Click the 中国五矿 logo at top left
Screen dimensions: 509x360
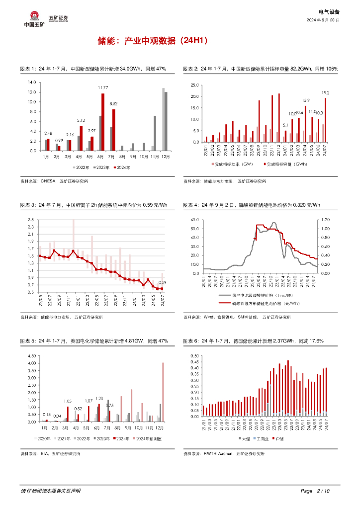(34, 19)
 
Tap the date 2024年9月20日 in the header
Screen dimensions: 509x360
(323, 20)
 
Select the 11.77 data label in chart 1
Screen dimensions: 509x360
(103, 87)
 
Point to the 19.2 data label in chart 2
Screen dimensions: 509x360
(326, 93)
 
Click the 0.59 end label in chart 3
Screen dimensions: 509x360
(162, 282)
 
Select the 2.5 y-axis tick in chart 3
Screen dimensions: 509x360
(30, 220)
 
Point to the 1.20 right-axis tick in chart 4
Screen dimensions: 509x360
(325, 219)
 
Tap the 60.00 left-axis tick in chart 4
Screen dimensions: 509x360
(194, 219)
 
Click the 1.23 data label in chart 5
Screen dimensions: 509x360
(98, 399)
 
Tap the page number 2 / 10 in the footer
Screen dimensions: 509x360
(323, 491)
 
